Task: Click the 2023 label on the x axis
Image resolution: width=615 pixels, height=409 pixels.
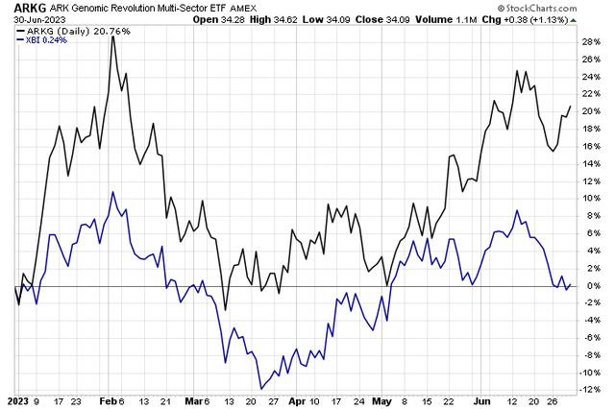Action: tap(17, 400)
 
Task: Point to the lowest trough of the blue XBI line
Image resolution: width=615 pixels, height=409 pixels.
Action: tap(260, 389)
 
